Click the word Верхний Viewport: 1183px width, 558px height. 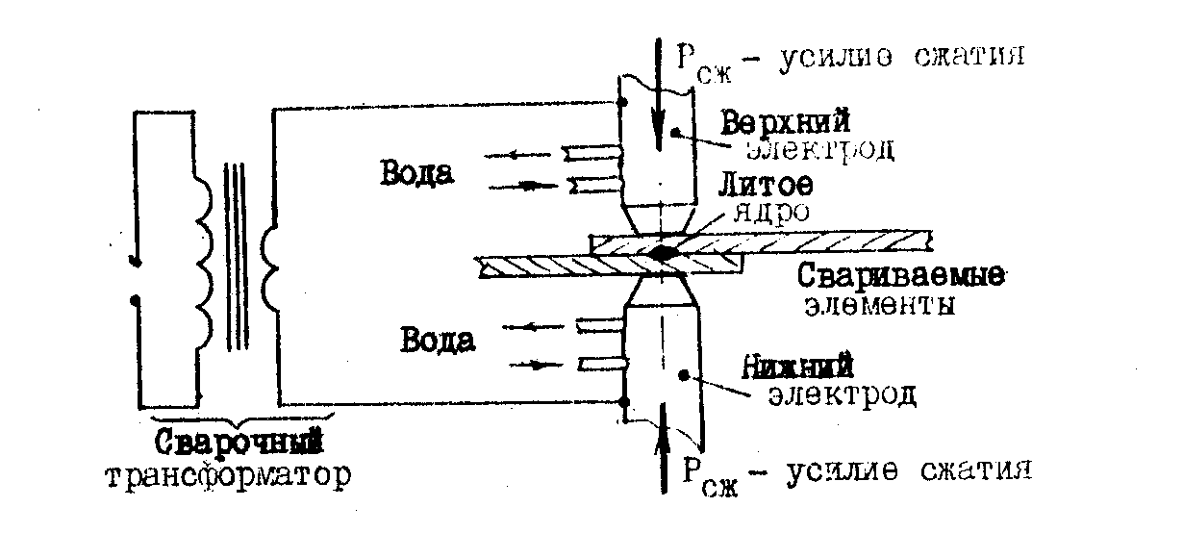pos(786,121)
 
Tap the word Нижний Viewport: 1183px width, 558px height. pos(798,367)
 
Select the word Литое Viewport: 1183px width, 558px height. pos(766,185)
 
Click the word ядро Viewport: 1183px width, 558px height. pos(771,212)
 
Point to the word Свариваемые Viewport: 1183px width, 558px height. pos(900,275)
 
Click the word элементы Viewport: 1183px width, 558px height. pos(879,306)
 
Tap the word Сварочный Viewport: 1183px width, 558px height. pos(239,442)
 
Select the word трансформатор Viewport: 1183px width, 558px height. pos(228,476)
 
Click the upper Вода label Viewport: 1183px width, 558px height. pos(416,173)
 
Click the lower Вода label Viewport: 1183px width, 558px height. pos(438,340)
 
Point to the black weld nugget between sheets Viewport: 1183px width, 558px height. pos(661,254)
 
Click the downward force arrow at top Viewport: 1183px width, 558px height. pos(658,94)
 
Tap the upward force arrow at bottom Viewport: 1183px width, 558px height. pos(664,447)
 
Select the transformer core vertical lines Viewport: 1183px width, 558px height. pos(236,256)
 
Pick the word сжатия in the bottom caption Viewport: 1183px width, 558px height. pos(976,469)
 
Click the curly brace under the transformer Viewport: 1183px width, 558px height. pos(241,421)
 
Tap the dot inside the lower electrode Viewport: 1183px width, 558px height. pos(684,375)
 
